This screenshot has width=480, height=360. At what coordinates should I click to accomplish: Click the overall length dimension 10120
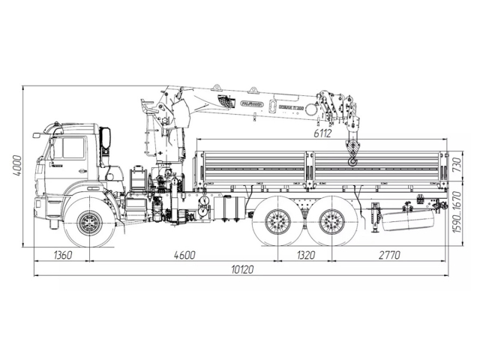(238, 270)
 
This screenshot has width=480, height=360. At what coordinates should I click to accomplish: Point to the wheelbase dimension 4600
(184, 255)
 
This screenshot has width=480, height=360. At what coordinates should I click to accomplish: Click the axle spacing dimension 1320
(304, 255)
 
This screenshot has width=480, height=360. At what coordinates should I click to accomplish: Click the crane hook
(352, 154)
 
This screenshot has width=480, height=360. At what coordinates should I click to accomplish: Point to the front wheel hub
(90, 222)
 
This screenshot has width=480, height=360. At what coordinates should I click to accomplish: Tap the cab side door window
(73, 148)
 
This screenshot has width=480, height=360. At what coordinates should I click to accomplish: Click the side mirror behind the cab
(106, 138)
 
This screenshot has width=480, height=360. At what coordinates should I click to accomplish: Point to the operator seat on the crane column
(138, 180)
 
